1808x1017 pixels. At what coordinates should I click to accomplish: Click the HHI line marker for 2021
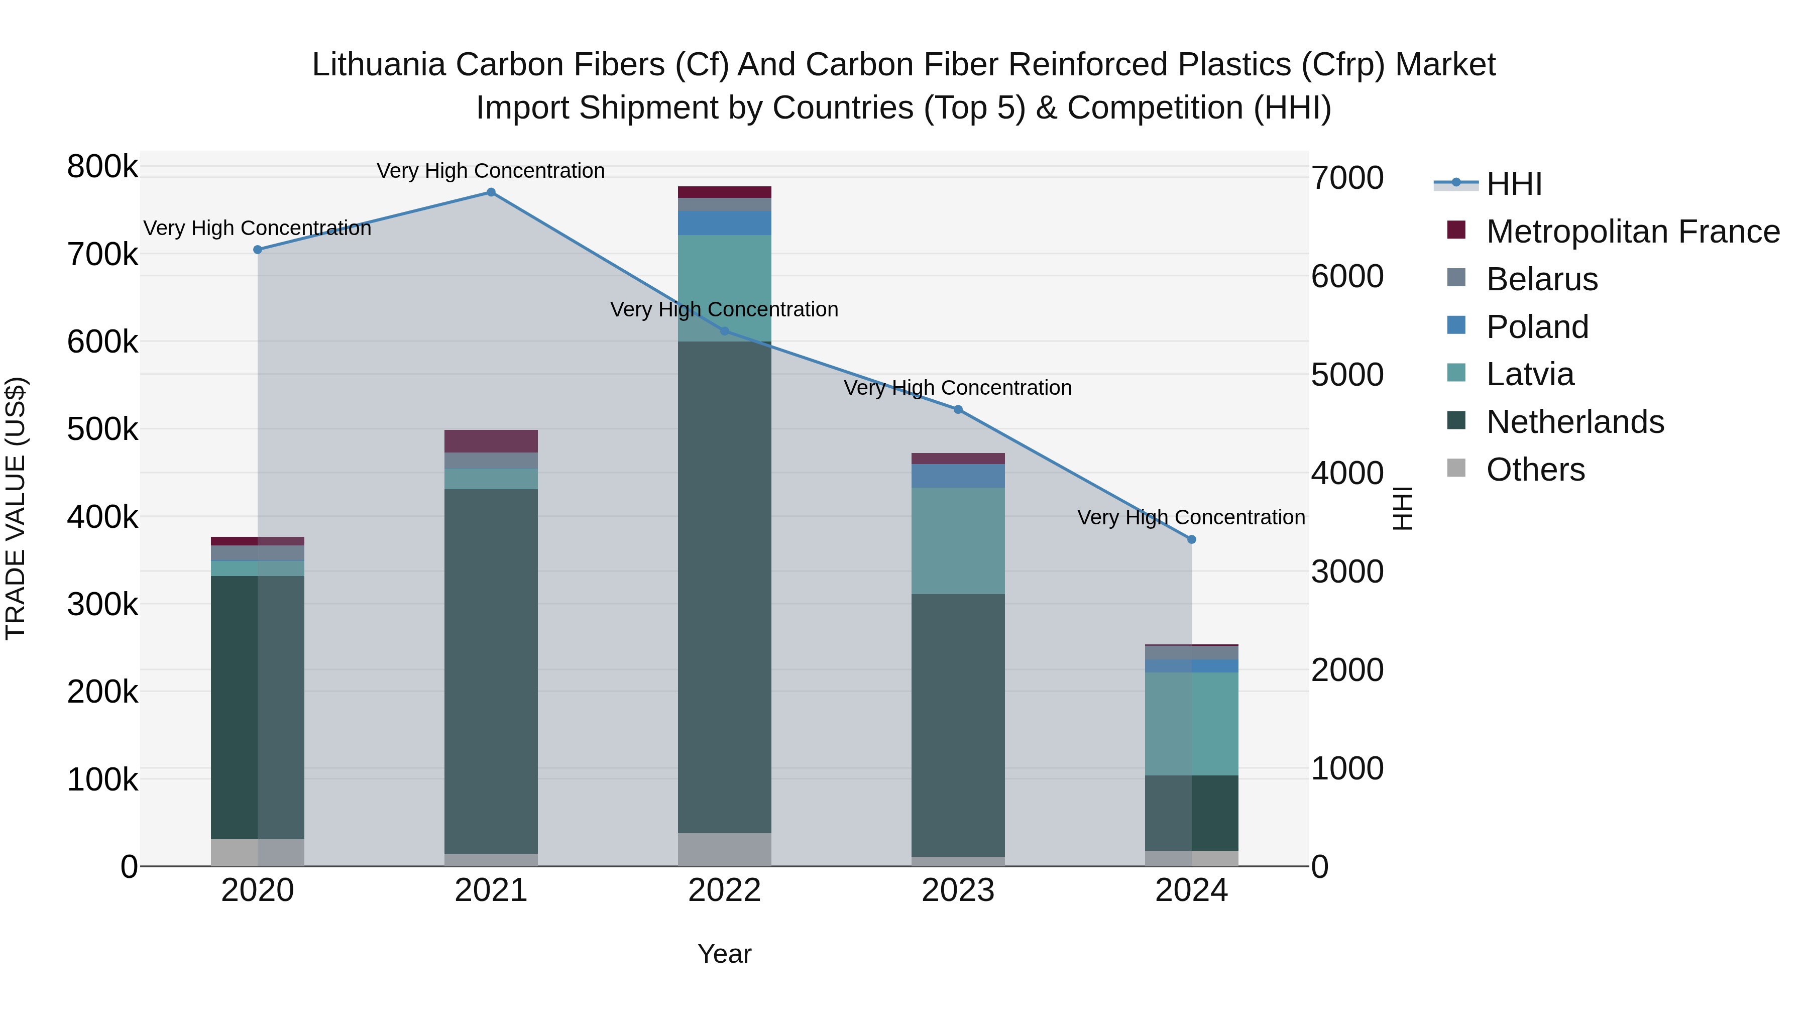(491, 192)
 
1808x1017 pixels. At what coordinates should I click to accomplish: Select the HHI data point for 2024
(1191, 539)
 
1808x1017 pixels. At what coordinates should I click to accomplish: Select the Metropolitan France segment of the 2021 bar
(491, 441)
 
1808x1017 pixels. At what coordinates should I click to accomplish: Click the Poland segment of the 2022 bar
(724, 223)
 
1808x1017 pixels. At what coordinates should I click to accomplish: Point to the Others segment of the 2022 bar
(724, 849)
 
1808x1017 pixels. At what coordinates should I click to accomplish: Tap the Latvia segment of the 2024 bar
(1191, 724)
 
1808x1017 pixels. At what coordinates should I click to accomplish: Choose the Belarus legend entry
(1541, 279)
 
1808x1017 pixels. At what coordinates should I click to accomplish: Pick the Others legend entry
(1535, 470)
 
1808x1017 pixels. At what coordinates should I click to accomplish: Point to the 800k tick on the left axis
(102, 167)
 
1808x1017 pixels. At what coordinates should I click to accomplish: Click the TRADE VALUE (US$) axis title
(16, 508)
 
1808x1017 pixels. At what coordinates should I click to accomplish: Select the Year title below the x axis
(724, 954)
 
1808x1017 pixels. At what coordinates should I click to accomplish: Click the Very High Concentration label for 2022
(724, 309)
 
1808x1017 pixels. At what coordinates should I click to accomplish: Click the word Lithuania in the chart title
(379, 65)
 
